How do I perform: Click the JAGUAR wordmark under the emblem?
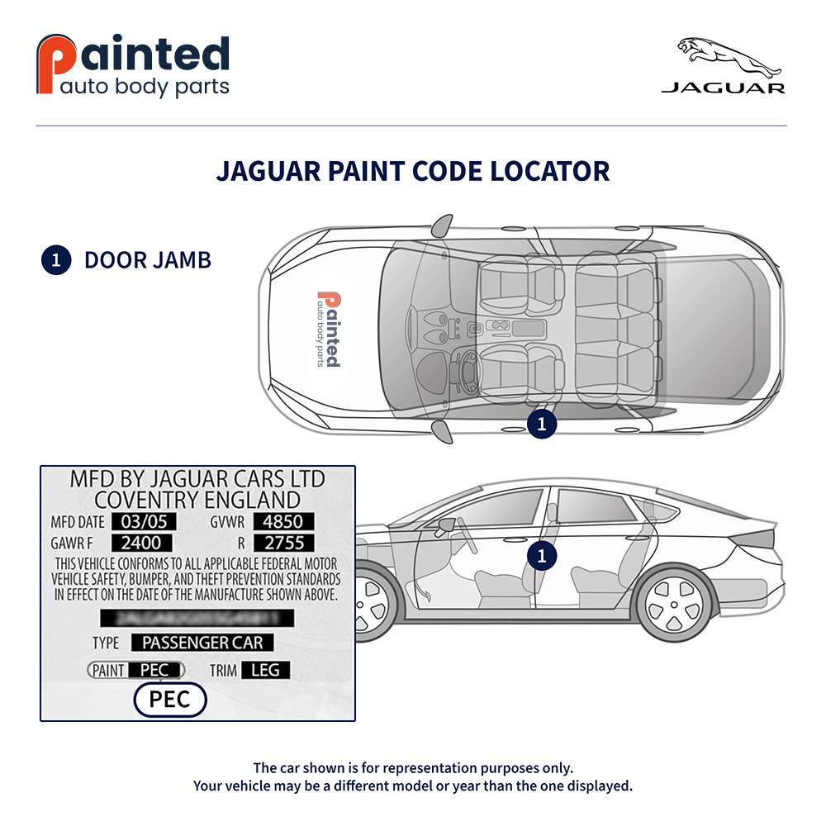click(723, 88)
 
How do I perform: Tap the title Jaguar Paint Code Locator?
click(413, 171)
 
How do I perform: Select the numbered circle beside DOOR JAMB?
click(55, 260)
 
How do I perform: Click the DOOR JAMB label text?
click(148, 260)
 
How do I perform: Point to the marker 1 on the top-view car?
click(542, 424)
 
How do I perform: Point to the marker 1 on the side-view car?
click(542, 556)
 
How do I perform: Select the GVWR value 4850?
click(283, 522)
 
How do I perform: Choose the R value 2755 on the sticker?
click(283, 543)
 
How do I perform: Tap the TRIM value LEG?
click(265, 670)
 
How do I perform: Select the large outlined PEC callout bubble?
click(169, 700)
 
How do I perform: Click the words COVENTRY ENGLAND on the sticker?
click(197, 499)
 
